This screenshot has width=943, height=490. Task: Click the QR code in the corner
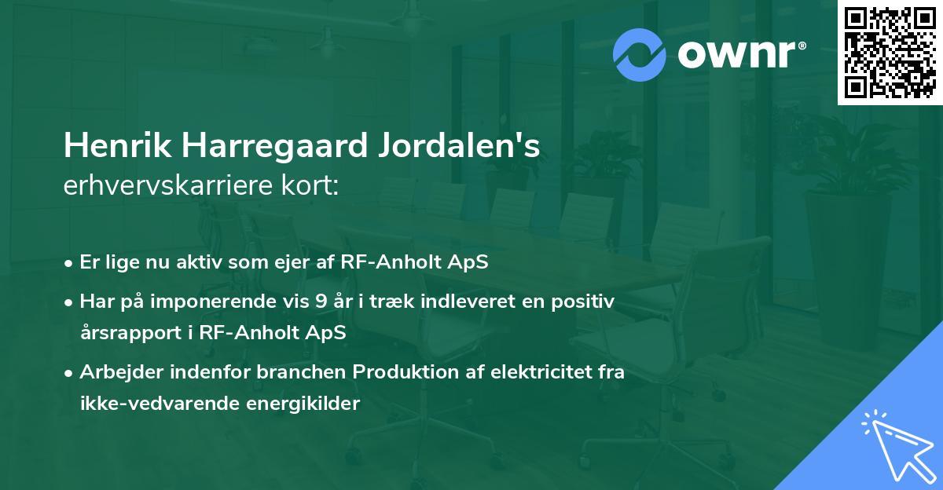890,52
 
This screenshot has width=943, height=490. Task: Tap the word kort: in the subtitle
312,185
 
